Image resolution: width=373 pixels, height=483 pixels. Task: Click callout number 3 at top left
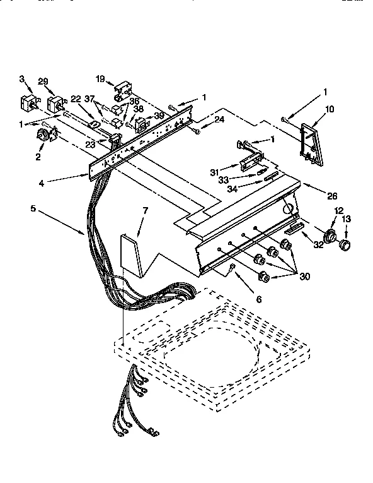coord(21,79)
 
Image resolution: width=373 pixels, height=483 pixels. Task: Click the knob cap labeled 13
coord(345,245)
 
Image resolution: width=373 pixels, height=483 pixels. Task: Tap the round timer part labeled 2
coord(45,135)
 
